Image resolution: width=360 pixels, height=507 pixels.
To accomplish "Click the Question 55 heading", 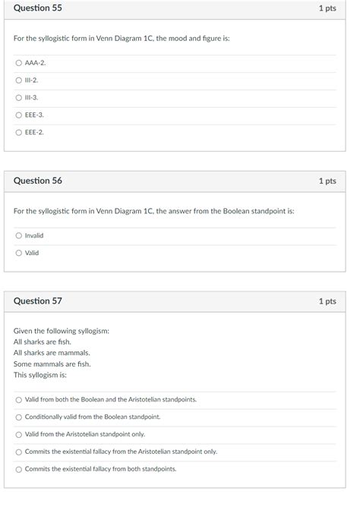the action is tap(38, 8).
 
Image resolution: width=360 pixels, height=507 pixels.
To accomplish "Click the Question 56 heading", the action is tap(38, 181).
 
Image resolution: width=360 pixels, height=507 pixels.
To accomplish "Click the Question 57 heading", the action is tap(38, 301).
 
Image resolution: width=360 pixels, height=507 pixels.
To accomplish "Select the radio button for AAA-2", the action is tap(18, 62).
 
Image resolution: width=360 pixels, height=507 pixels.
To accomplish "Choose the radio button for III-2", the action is tap(18, 80).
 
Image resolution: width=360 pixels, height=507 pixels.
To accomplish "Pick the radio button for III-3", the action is tap(18, 97).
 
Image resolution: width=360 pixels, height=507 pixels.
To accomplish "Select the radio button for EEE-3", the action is tap(18, 115).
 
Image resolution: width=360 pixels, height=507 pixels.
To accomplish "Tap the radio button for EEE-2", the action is tap(18, 132).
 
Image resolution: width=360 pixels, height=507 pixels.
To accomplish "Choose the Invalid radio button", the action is tap(18, 235).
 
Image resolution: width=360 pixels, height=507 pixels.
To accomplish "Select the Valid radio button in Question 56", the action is tap(18, 253).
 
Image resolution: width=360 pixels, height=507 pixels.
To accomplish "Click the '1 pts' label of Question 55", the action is tap(327, 8).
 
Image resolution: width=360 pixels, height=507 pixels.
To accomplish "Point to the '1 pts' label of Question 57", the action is tap(327, 301).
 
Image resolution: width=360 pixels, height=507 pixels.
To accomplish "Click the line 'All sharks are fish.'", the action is tap(43, 342).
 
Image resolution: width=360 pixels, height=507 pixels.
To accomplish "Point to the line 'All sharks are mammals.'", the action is tap(52, 353).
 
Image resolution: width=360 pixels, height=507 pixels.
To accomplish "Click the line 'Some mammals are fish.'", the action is tap(52, 364).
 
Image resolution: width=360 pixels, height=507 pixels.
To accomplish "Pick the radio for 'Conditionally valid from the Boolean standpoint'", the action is tap(18, 417).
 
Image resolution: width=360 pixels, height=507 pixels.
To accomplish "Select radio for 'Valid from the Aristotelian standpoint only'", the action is tap(18, 434).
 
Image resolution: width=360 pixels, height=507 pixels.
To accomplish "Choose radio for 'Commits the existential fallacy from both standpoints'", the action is tap(18, 469).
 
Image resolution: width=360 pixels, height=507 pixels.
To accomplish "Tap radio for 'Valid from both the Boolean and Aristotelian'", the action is tap(18, 399).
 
